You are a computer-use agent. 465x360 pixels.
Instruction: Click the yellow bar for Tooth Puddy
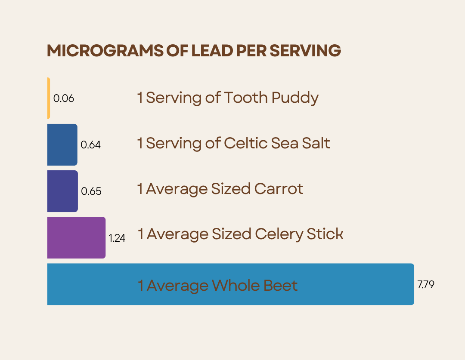click(x=49, y=98)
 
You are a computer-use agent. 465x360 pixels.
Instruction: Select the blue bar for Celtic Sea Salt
click(x=62, y=145)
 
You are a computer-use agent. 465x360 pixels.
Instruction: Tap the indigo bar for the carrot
click(x=62, y=191)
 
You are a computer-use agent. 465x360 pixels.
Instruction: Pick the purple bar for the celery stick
click(x=76, y=237)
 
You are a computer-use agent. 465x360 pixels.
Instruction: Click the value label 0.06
click(x=64, y=98)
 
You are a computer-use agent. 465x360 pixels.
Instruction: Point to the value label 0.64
click(x=91, y=145)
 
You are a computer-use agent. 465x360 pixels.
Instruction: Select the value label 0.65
click(x=91, y=191)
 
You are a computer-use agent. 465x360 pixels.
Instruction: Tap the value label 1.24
click(x=117, y=238)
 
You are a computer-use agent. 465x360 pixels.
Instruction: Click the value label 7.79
click(x=426, y=284)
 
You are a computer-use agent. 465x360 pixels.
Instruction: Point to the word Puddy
click(x=295, y=98)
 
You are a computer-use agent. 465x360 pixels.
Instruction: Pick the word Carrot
click(x=279, y=189)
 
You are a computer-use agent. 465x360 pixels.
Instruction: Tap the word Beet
click(x=280, y=285)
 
